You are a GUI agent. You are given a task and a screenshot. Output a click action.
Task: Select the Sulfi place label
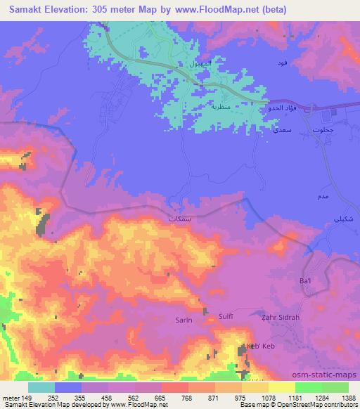coord(226,317)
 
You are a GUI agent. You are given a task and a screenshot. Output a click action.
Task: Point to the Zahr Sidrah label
coord(282,318)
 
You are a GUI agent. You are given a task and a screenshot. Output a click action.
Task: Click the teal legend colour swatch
coord(41,387)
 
